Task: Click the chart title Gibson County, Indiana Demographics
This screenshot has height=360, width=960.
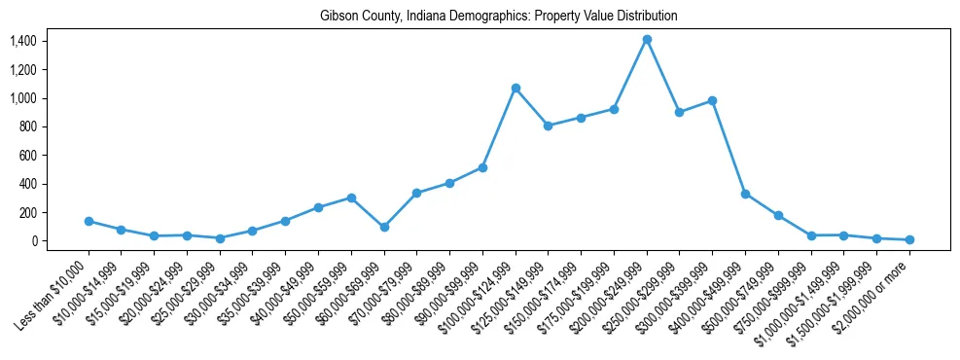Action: pyautogui.click(x=498, y=17)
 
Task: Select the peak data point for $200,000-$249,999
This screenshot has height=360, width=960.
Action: pyautogui.click(x=647, y=39)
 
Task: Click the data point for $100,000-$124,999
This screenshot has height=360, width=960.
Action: pyautogui.click(x=516, y=88)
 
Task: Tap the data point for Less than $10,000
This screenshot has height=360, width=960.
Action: pyautogui.click(x=89, y=221)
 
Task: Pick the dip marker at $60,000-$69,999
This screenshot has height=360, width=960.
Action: pyautogui.click(x=384, y=227)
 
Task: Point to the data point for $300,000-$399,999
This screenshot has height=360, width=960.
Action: pyautogui.click(x=712, y=100)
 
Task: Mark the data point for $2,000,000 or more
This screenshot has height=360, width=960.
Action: pyautogui.click(x=909, y=239)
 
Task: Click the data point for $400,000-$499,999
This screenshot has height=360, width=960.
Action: pyautogui.click(x=745, y=194)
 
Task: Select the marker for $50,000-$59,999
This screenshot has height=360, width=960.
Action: pyautogui.click(x=351, y=198)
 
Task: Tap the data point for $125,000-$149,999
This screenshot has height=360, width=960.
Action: pyautogui.click(x=549, y=126)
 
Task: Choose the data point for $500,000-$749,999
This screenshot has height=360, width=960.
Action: pyautogui.click(x=778, y=215)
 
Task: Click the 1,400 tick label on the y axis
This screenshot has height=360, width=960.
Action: pyautogui.click(x=22, y=41)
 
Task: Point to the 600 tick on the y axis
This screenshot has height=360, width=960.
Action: pyautogui.click(x=27, y=155)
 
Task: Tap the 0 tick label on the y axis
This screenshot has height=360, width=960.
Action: pyautogui.click(x=33, y=240)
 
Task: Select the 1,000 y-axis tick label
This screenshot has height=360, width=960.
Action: pyautogui.click(x=22, y=98)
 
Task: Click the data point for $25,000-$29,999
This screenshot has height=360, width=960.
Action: pyautogui.click(x=220, y=238)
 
